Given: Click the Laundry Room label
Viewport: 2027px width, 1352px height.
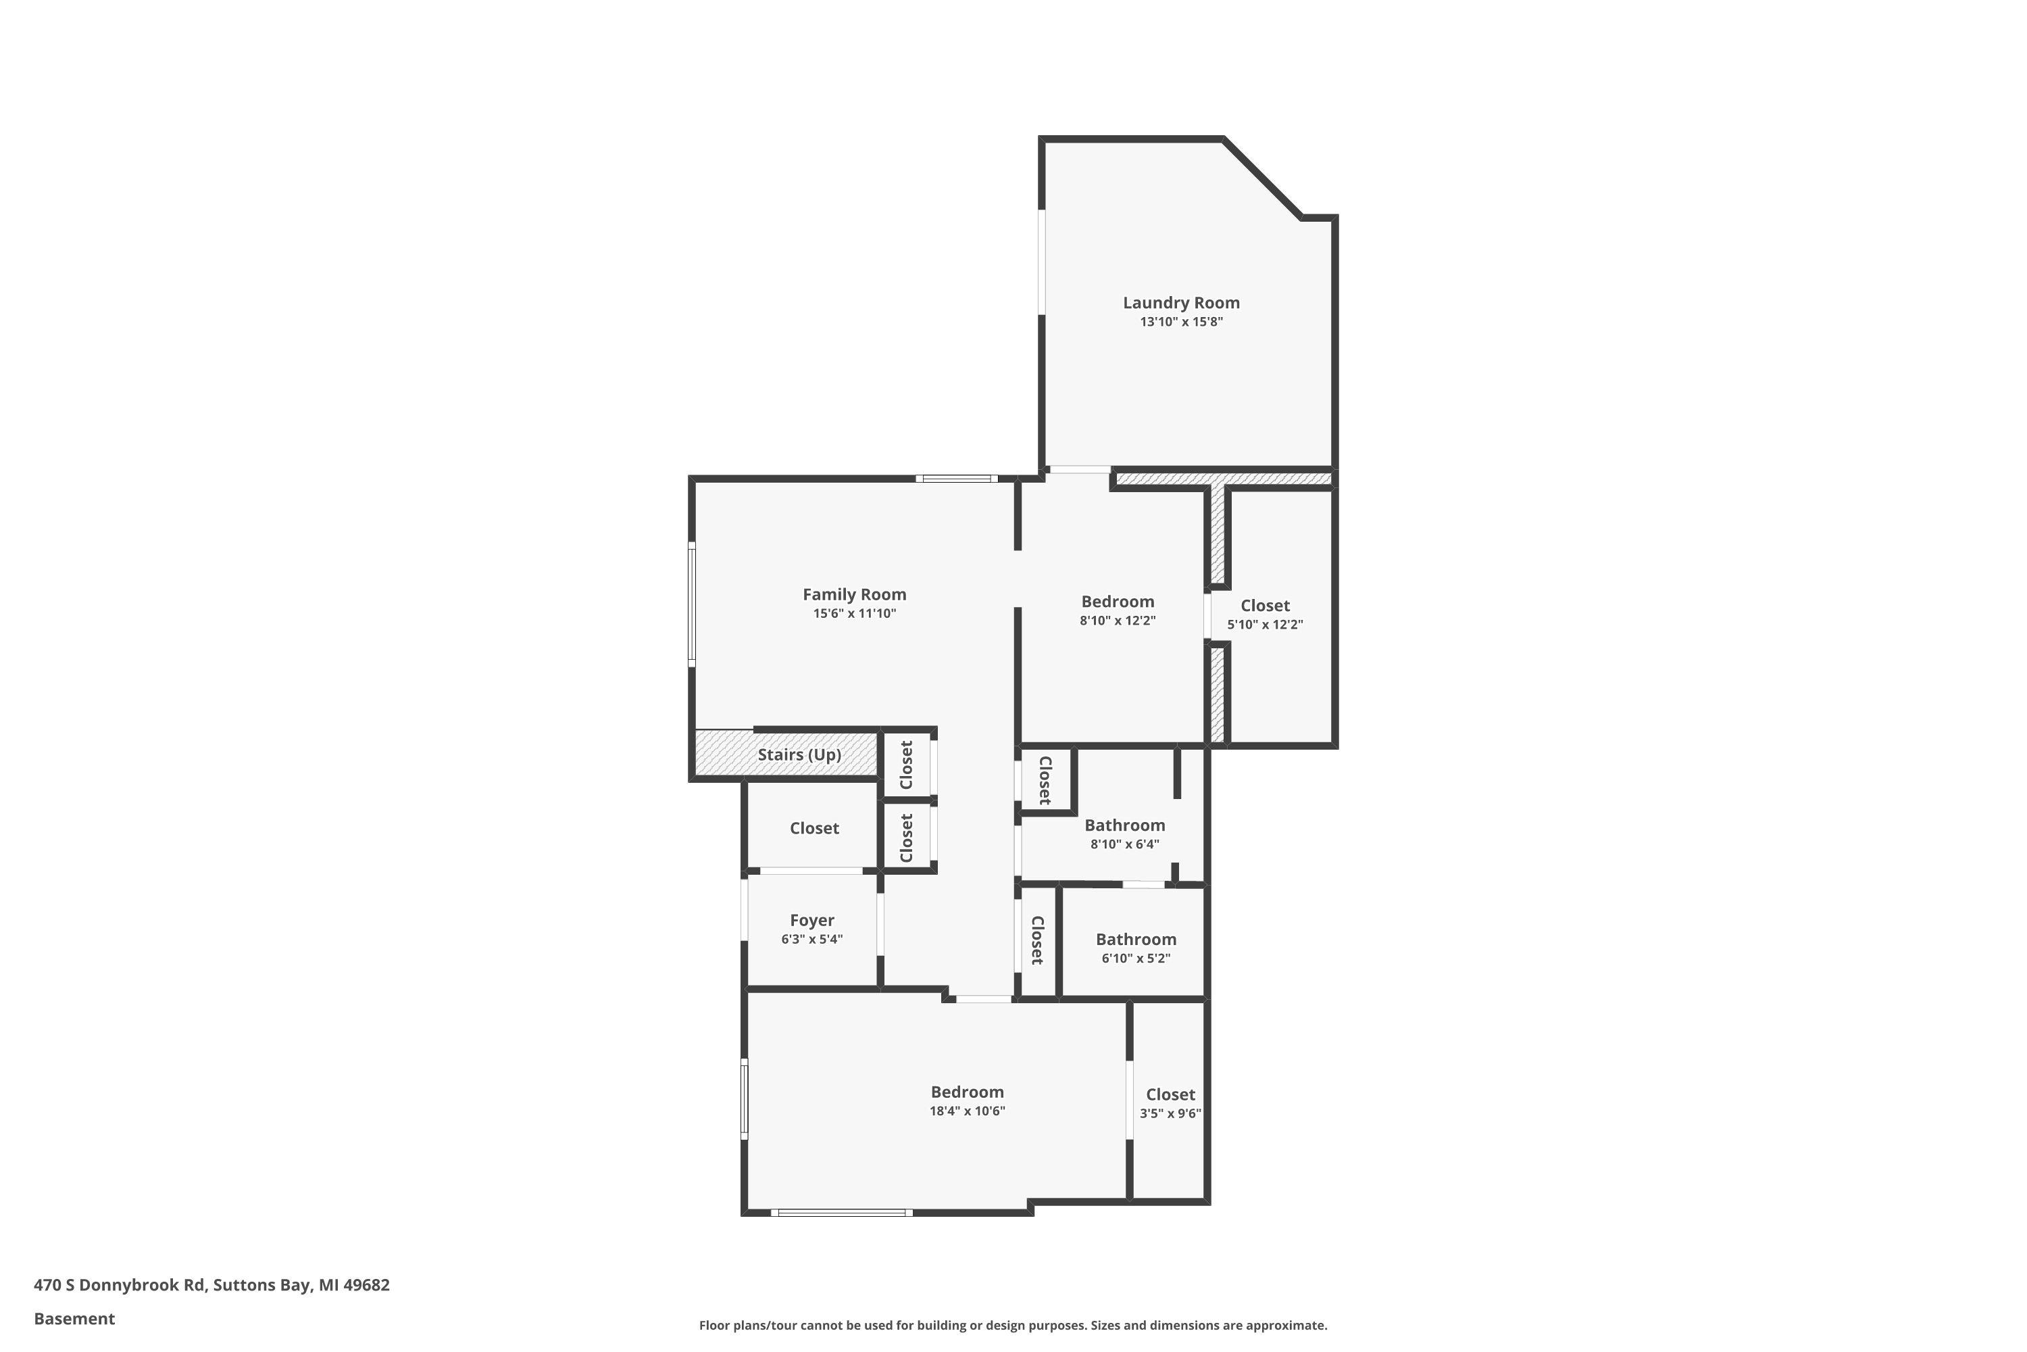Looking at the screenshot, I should click(x=1180, y=303).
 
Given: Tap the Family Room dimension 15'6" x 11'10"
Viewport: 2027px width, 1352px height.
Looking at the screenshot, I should click(x=854, y=614).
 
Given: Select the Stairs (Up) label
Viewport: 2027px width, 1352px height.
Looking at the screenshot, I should click(x=799, y=754).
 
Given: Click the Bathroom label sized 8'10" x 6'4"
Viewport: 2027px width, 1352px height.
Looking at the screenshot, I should click(x=1124, y=825).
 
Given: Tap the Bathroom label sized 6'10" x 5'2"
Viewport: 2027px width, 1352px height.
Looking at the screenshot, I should click(x=1135, y=939).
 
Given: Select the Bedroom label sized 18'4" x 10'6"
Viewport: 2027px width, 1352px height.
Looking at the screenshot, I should click(x=967, y=1092).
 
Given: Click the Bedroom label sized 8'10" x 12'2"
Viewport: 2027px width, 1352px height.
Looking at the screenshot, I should click(x=1117, y=601).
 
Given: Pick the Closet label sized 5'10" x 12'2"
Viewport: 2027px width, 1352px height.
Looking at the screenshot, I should click(x=1264, y=605).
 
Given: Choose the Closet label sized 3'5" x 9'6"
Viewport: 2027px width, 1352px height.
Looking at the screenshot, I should click(x=1170, y=1094).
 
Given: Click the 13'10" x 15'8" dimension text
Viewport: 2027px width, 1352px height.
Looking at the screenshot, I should click(x=1180, y=322).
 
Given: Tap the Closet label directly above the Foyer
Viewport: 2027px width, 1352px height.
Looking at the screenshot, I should click(x=814, y=827).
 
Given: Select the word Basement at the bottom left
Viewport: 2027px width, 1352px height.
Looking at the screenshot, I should click(x=74, y=1318).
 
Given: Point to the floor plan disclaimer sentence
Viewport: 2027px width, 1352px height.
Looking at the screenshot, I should click(x=1013, y=1325).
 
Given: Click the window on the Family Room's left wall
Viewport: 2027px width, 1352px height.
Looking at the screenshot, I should click(x=691, y=604).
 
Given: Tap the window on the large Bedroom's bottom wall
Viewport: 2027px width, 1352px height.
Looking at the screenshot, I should click(x=841, y=1212).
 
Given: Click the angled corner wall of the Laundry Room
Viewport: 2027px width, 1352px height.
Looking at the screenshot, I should click(x=1261, y=178).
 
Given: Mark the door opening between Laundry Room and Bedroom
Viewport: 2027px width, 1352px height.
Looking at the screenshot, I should click(x=1079, y=470).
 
